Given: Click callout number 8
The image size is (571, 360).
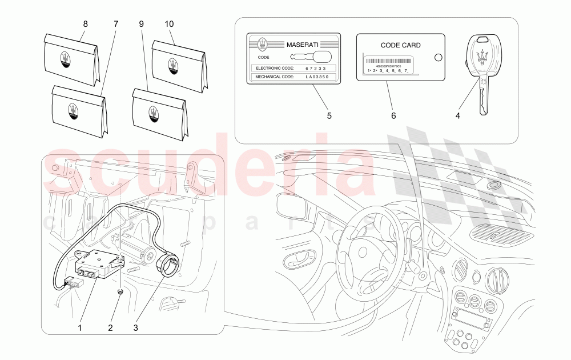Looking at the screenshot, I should pyautogui.click(x=85, y=24).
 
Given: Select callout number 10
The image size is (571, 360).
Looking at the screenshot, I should pyautogui.click(x=169, y=24).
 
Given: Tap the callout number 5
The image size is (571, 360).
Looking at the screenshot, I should pyautogui.click(x=329, y=116).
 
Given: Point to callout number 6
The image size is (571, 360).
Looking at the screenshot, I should pyautogui.click(x=393, y=116).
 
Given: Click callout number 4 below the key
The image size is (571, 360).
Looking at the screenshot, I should pyautogui.click(x=457, y=116).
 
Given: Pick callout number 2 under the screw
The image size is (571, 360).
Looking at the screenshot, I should pyautogui.click(x=111, y=327).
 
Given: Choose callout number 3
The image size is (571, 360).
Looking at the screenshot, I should pyautogui.click(x=136, y=327).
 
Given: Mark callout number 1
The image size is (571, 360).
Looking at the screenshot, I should pyautogui.click(x=80, y=327).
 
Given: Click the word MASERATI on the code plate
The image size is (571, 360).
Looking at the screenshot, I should pyautogui.click(x=303, y=44).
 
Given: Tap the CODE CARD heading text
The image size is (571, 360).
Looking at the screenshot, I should pyautogui.click(x=400, y=45).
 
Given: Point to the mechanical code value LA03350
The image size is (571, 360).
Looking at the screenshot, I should pyautogui.click(x=317, y=76).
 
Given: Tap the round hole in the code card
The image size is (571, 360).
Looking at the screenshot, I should pyautogui.click(x=438, y=57).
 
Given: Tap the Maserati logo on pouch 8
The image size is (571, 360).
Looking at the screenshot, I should pyautogui.click(x=66, y=61).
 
